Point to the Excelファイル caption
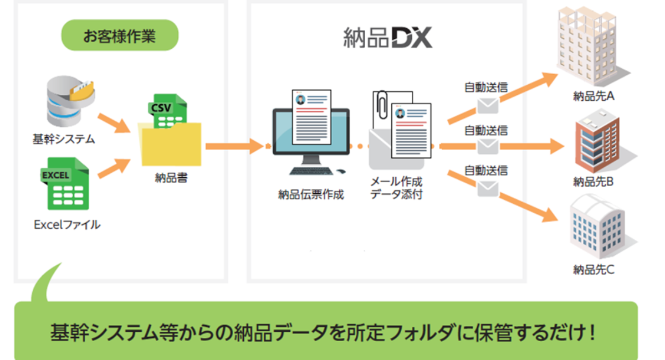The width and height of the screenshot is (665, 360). point(67,225)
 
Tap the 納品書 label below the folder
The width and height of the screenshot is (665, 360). point(171,178)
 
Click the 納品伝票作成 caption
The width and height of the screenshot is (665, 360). point(311,194)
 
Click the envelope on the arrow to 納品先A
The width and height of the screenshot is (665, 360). point(488,105)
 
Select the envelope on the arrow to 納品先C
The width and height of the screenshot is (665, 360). point(488,188)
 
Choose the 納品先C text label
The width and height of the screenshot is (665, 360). point(594,270)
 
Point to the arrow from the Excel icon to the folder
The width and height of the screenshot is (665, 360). point(114,168)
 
